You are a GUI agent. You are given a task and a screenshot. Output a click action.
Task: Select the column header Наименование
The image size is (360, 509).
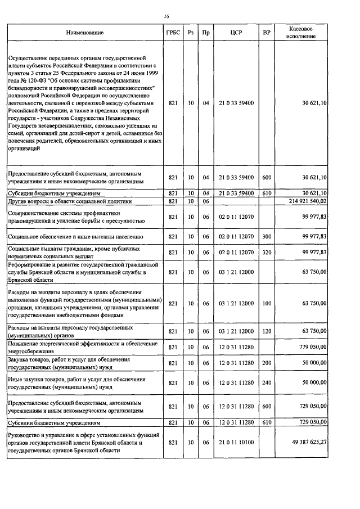tap(85, 33)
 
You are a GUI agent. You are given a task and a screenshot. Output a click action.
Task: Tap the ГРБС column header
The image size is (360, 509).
tap(173, 33)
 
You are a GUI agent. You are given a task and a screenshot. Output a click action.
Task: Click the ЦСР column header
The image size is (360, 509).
tap(236, 33)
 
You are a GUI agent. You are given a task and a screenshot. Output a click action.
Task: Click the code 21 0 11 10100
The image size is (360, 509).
tap(236, 443)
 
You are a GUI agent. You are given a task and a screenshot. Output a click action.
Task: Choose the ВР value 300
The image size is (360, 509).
tap(267, 237)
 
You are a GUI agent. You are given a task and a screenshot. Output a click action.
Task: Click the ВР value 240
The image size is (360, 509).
tap(267, 382)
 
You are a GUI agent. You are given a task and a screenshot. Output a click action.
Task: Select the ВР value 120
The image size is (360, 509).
tap(267, 331)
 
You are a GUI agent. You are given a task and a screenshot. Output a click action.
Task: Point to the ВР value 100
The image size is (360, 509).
tap(267, 304)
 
